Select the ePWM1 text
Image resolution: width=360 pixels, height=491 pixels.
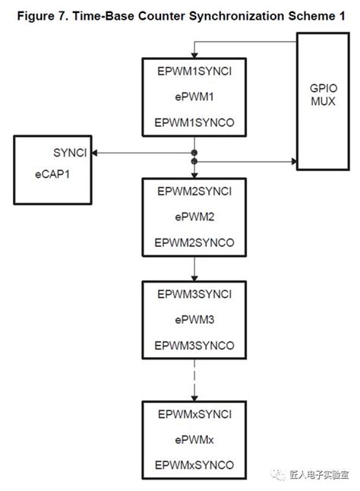pyautogui.click(x=194, y=98)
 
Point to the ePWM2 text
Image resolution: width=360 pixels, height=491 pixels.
pyautogui.click(x=194, y=217)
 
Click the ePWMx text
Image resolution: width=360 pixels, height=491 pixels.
pyautogui.click(x=194, y=440)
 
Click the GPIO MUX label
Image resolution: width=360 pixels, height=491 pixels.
pyautogui.click(x=317, y=95)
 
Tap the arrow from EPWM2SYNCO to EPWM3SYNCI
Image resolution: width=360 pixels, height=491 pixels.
pyautogui.click(x=194, y=268)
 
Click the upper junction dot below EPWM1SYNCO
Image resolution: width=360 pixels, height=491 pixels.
pyautogui.click(x=194, y=153)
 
